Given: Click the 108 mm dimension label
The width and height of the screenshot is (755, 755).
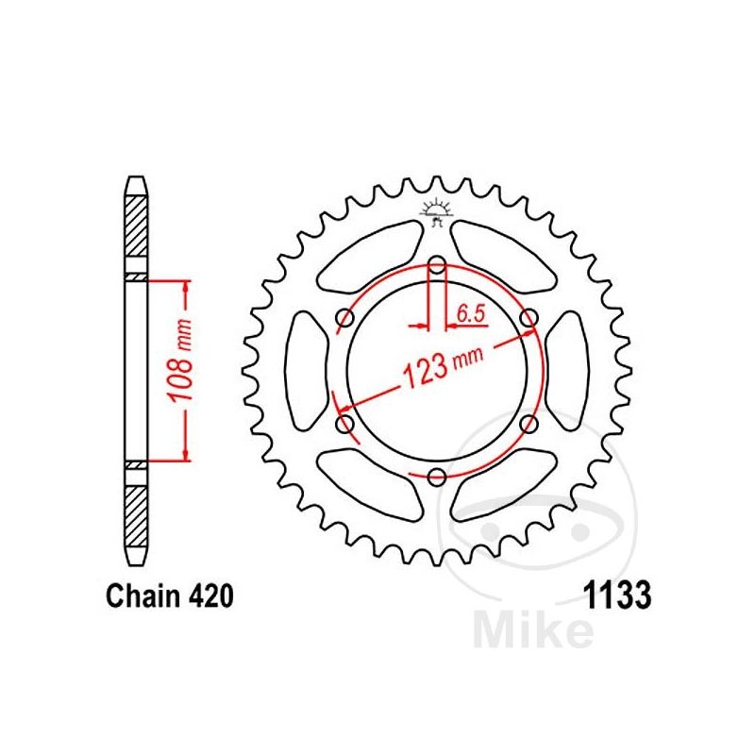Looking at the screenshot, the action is pos(179,360).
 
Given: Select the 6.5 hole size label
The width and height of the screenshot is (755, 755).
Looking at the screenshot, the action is pos(470,314).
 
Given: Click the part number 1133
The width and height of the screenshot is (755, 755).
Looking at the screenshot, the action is pos(617,596).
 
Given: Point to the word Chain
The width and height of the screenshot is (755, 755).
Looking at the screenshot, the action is pos(143,596).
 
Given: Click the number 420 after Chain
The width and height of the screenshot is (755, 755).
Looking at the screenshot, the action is pos(210,596).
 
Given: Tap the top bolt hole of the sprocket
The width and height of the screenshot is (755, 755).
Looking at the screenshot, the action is pos(437,264).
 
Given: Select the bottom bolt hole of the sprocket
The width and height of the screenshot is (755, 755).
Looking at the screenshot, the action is pos(437,478).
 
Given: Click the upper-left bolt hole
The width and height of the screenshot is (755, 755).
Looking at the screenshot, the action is pos(344,318).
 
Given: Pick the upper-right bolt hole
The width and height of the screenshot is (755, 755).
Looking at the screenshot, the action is pos(529,318).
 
